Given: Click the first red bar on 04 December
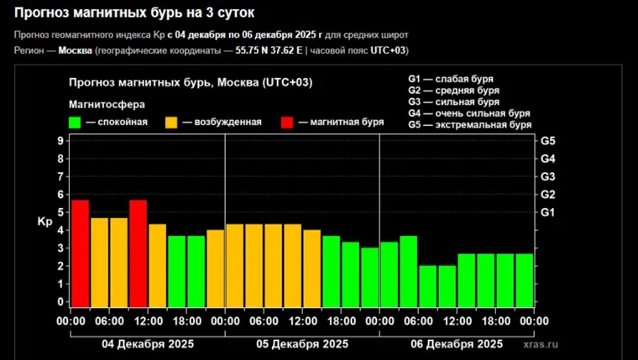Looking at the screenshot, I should coord(80,253).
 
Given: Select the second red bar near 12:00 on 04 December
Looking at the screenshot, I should coord(138,253).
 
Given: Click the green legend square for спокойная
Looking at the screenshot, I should coord(75,123).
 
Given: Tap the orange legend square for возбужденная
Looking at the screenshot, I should coord(170,123).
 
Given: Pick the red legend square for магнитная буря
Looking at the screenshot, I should coord(287,123).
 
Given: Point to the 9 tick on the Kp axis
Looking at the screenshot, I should coord(60,140).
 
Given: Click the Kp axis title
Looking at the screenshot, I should coord(44,222).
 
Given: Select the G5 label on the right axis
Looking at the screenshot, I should coord(548,140).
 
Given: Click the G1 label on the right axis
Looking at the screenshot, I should coord(548,212).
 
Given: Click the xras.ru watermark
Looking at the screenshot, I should coord(540,345).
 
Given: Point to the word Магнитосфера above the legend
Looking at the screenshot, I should coord(107,105).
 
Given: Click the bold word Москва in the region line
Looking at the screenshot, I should coord(75,50).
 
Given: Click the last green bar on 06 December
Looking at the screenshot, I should coord(525,279).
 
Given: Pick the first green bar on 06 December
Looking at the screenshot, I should coord(389,274).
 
